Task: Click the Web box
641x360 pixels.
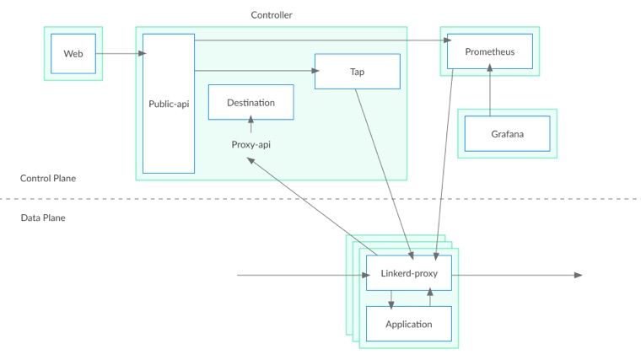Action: pyautogui.click(x=73, y=53)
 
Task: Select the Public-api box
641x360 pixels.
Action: pyautogui.click(x=169, y=104)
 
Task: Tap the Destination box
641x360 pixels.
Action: pyautogui.click(x=251, y=102)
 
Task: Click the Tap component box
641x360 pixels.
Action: pyautogui.click(x=358, y=72)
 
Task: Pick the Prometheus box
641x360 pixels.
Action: pyautogui.click(x=490, y=51)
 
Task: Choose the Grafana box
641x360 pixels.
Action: pyautogui.click(x=508, y=133)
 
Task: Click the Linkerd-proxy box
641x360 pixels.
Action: pyautogui.click(x=409, y=273)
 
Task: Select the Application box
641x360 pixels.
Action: pyautogui.click(x=409, y=324)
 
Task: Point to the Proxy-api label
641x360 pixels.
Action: pyautogui.click(x=251, y=145)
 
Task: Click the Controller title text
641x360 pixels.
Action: pyautogui.click(x=272, y=15)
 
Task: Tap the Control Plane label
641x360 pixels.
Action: pyautogui.click(x=48, y=178)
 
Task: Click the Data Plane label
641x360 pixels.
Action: pyautogui.click(x=43, y=218)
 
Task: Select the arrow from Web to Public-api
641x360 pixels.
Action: pyautogui.click(x=121, y=53)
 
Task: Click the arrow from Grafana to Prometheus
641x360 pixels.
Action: pyautogui.click(x=490, y=90)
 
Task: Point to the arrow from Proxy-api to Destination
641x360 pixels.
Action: pyautogui.click(x=251, y=124)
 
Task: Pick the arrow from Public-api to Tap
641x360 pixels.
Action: pyautogui.click(x=256, y=71)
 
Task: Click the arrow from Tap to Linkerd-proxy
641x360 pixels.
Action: pyautogui.click(x=385, y=174)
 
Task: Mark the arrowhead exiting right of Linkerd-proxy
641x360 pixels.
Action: pyautogui.click(x=578, y=275)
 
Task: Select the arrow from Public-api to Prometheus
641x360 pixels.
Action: pyautogui.click(x=323, y=40)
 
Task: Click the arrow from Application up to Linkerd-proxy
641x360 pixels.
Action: pyautogui.click(x=430, y=297)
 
